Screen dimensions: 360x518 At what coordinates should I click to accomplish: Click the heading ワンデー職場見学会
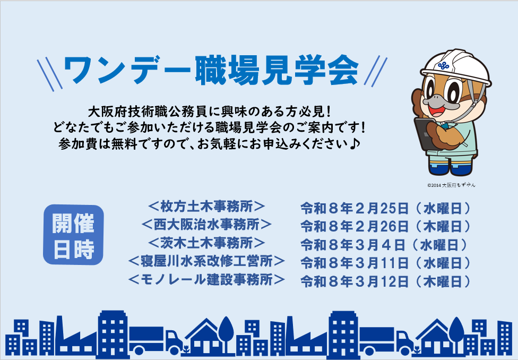(x=211, y=70)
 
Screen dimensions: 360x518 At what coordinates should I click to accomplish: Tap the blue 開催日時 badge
(x=73, y=235)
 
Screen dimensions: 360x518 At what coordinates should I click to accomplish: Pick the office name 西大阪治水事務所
(x=207, y=225)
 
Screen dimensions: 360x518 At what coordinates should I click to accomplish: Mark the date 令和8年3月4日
(x=384, y=244)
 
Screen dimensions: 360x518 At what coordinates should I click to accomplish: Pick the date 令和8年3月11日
(x=385, y=262)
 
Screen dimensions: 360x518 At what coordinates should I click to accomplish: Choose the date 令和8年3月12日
(x=385, y=280)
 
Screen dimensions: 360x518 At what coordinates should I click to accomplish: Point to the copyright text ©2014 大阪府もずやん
(x=451, y=185)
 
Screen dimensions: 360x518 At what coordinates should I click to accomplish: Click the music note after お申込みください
(x=355, y=143)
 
